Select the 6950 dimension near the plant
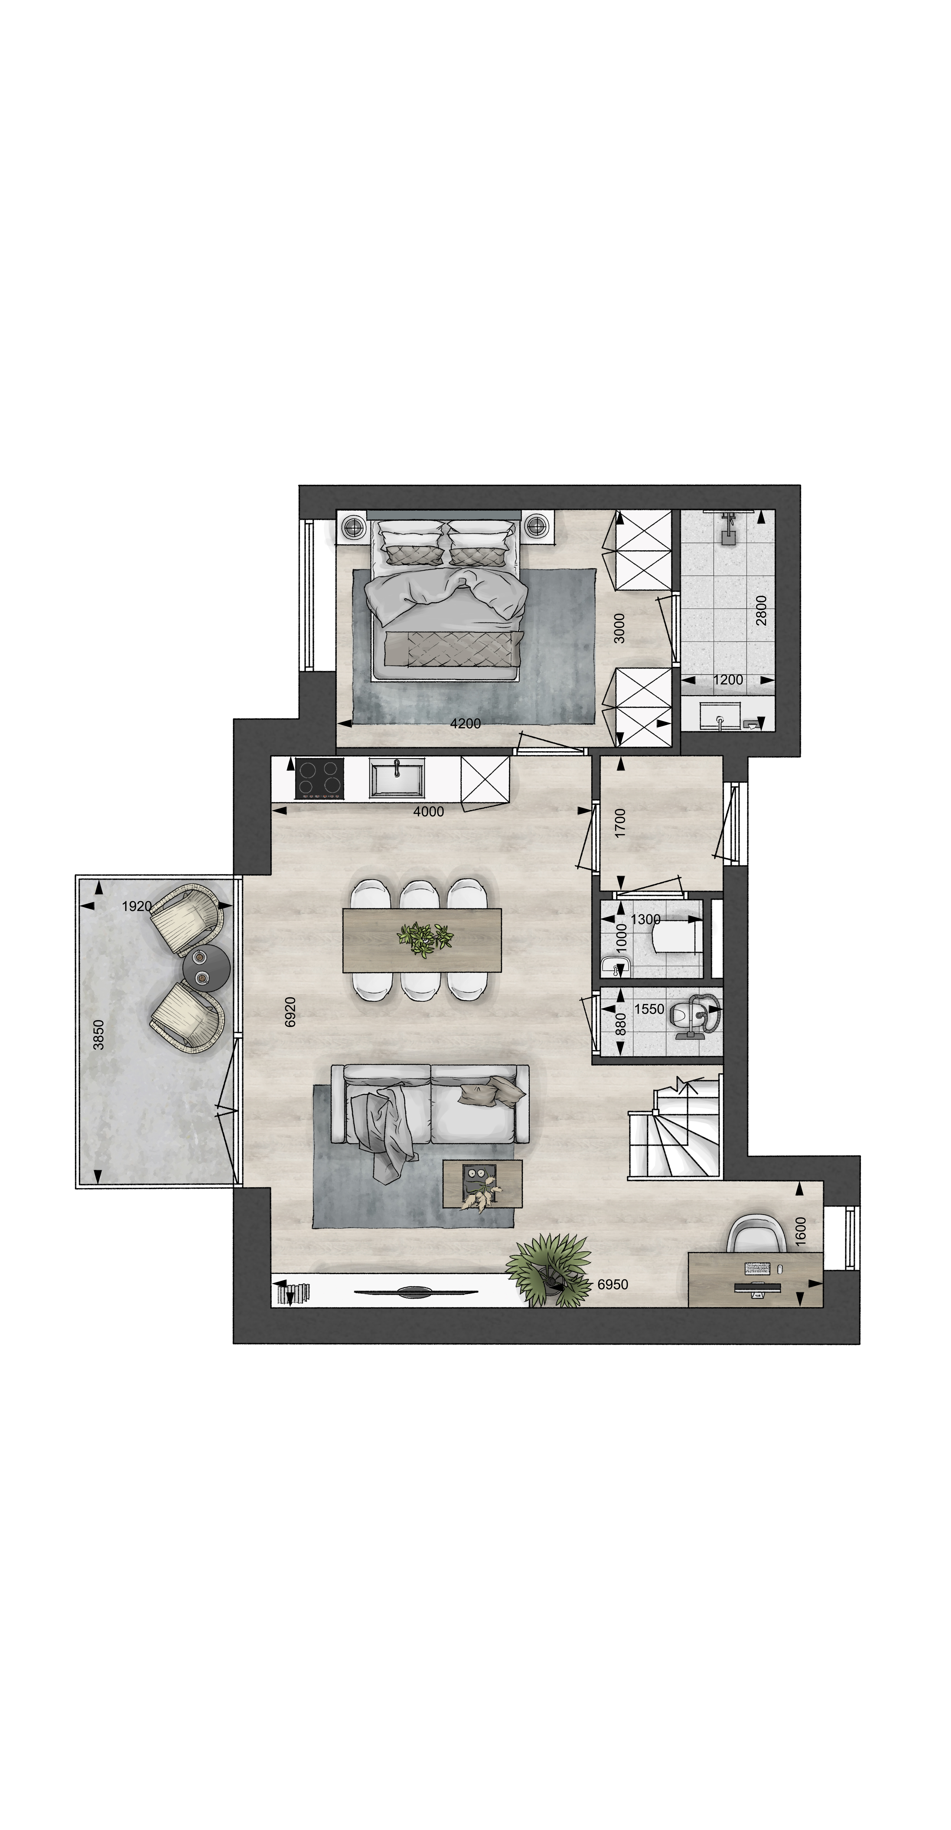pos(613,1284)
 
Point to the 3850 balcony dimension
pos(99,1034)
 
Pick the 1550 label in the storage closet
pos(649,1009)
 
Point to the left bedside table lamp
pos(353,526)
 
